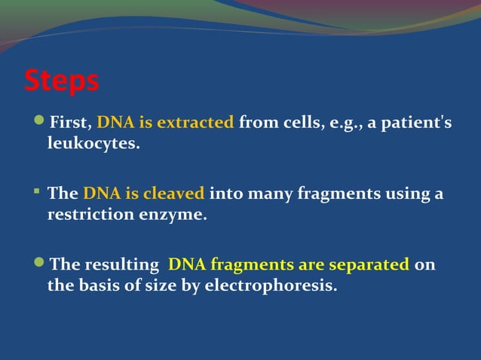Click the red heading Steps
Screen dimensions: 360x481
click(62, 81)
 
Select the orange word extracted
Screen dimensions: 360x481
click(196, 123)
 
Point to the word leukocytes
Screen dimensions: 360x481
click(93, 143)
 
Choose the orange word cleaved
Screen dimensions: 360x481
click(175, 194)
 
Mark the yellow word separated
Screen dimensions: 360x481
click(370, 265)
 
